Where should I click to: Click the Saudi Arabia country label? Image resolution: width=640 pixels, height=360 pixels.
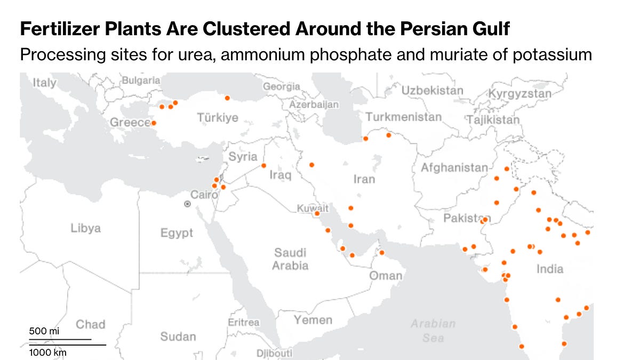pos(290,259)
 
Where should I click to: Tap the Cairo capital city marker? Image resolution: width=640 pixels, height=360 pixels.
pos(187,204)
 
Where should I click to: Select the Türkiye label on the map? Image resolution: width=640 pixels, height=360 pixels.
pos(218,117)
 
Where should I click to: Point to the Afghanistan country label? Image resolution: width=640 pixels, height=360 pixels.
pos(454,168)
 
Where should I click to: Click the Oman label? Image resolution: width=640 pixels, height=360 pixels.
pos(386,276)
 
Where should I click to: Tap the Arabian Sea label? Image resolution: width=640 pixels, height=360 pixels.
pos(433,330)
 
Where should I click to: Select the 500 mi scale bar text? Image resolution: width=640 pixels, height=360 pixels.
pos(44,331)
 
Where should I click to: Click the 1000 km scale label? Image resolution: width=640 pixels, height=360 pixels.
pos(48,353)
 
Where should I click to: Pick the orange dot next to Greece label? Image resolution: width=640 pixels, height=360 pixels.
pos(154,123)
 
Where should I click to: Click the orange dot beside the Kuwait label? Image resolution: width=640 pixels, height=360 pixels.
pos(317,213)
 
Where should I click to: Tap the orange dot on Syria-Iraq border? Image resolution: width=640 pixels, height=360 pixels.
pos(263,165)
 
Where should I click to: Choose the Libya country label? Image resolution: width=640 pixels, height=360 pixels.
pos(85,228)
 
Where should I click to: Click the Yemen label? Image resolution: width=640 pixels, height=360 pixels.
pos(313,320)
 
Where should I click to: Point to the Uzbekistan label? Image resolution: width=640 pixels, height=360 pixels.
pos(432,91)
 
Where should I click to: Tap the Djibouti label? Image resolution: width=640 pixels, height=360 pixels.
pos(274,353)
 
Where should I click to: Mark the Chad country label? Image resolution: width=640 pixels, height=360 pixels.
pos(91,324)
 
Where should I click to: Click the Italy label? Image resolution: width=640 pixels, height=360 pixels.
pos(44,83)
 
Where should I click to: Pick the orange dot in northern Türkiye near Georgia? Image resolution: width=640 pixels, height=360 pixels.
pos(227,98)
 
